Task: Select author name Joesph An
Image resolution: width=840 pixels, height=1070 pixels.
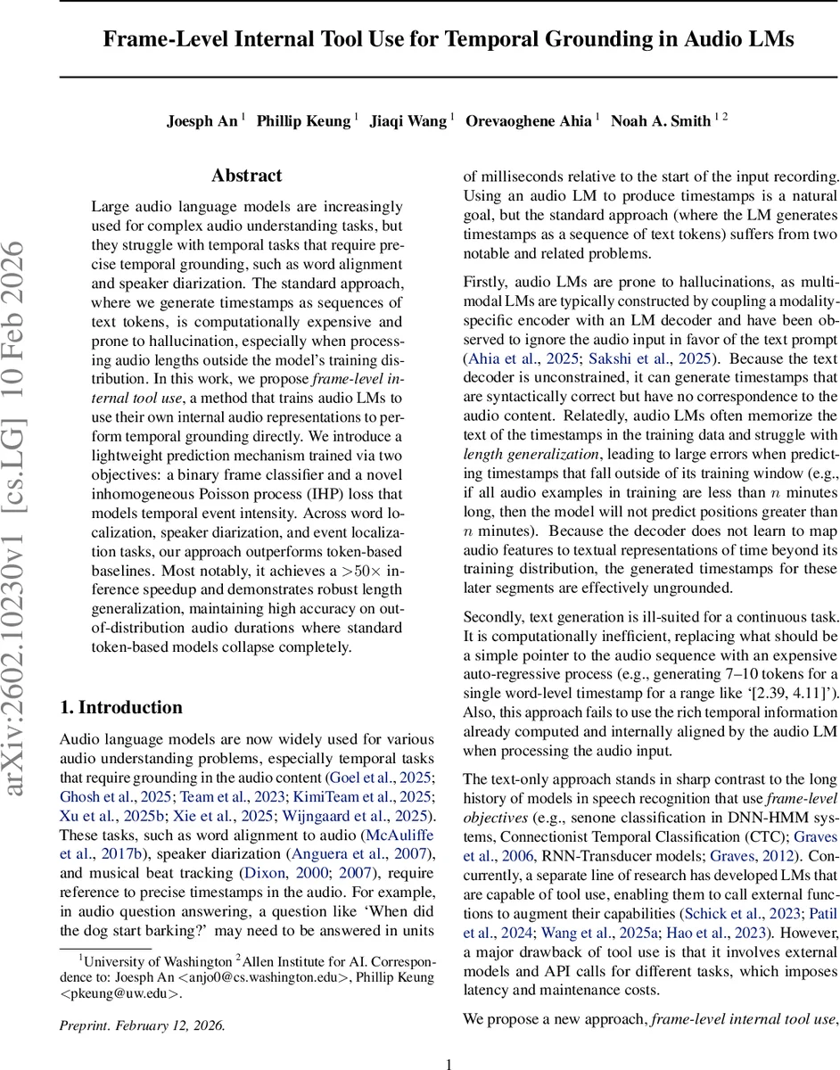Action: tap(202, 121)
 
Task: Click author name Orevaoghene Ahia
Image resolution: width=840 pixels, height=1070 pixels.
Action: tap(528, 121)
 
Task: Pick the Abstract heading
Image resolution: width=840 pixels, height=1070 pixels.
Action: tap(246, 176)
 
